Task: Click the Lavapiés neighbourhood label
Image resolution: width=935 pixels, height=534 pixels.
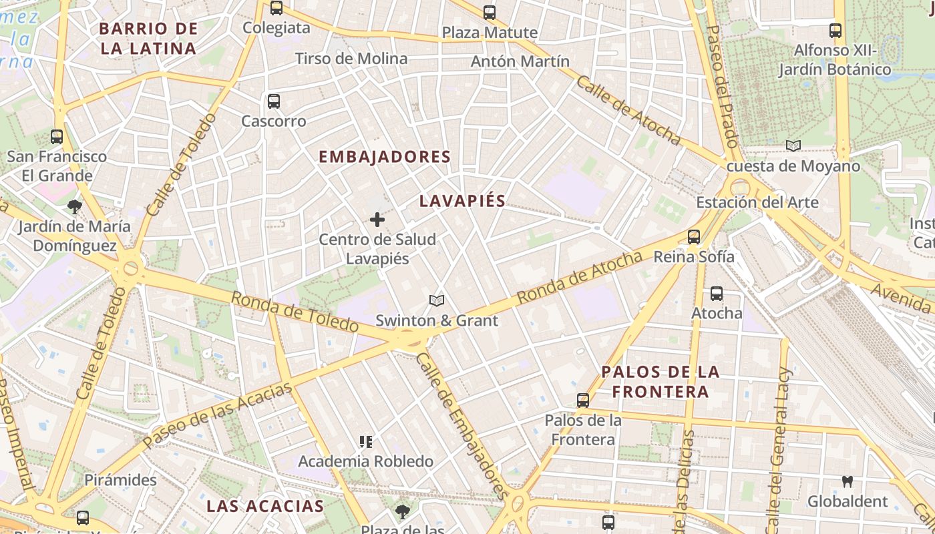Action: point(462,201)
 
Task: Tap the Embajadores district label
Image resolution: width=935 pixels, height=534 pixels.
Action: point(385,157)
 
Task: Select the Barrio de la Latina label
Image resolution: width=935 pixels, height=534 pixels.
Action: point(148,38)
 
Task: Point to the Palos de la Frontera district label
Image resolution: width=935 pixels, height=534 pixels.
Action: point(660,381)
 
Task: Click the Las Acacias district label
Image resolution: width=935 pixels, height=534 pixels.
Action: point(264,505)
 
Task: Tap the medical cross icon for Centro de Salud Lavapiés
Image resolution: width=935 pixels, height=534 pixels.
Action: point(377,219)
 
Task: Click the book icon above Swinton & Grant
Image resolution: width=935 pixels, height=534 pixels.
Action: point(437,301)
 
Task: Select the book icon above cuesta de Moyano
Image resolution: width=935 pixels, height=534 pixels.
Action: point(793,146)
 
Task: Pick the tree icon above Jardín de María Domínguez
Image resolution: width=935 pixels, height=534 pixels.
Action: point(75,206)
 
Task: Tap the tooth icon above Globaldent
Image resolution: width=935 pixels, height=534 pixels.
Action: point(848,481)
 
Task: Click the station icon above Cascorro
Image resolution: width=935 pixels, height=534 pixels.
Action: point(274,101)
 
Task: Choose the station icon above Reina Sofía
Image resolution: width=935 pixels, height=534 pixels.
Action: point(694,236)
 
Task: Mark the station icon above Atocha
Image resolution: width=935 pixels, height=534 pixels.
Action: point(717,293)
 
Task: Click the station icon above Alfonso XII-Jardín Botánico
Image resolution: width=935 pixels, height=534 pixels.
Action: point(835,30)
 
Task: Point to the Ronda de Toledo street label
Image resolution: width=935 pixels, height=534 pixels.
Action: point(295,312)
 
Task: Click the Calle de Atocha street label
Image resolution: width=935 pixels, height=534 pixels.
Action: point(628,110)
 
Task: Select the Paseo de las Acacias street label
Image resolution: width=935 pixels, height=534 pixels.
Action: point(218,415)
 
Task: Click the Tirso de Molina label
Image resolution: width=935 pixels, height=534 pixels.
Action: point(351,59)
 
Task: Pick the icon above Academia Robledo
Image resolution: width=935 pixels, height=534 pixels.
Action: point(365,441)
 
